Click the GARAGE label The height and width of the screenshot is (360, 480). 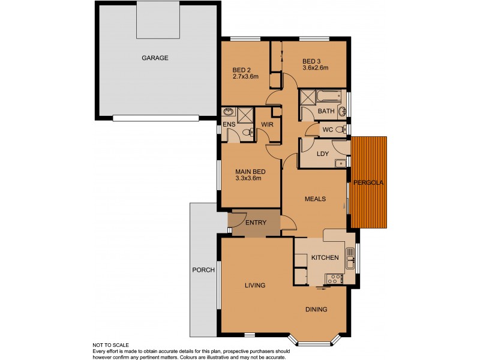pos(154,58)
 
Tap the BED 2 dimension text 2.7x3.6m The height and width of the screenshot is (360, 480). pos(245,76)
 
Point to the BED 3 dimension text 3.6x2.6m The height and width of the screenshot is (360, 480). pos(315,68)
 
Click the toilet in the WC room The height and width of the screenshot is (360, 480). pos(340,129)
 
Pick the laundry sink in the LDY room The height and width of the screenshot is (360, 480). pos(339,162)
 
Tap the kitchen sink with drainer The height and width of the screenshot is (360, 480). pos(350,256)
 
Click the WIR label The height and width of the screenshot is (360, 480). pos(267,125)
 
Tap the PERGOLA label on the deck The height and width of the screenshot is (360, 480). pos(369,182)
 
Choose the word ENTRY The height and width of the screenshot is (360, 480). pos(255,223)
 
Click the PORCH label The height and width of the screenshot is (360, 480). pos(203,270)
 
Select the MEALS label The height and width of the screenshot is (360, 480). pos(316,200)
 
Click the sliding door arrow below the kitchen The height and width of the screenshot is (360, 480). pos(322,289)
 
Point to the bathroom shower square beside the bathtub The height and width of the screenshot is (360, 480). pos(308,98)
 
